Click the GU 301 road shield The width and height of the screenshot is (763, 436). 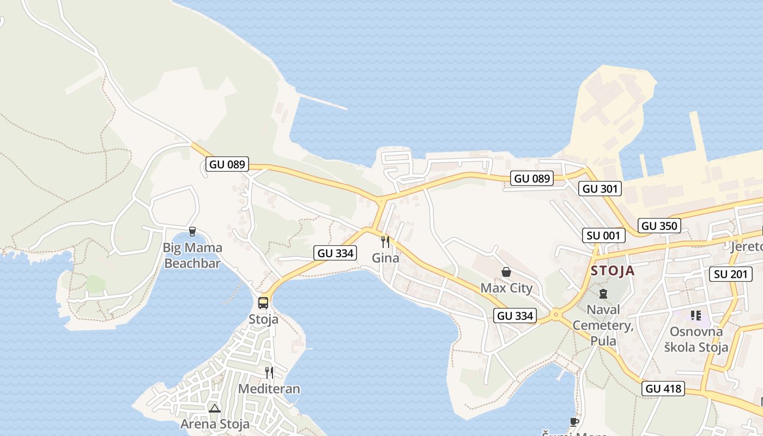599,189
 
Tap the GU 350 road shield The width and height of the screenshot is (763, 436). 659,226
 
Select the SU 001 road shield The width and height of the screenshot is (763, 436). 603,235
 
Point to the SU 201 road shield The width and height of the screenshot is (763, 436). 731,274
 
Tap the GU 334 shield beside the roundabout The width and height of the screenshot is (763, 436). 515,316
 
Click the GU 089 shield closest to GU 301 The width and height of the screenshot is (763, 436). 532,178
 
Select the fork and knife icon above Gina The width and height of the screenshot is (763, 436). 385,241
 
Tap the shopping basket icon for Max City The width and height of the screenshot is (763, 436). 506,271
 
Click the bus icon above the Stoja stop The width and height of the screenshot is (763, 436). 263,302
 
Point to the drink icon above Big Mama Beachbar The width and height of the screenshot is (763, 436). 192,232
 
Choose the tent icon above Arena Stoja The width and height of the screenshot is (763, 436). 215,408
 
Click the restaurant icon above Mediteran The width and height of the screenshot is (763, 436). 269,373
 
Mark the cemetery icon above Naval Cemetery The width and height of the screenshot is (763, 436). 603,294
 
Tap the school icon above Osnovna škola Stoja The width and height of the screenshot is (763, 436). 695,316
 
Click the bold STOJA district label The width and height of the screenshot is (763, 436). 613,271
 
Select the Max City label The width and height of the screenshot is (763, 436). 506,288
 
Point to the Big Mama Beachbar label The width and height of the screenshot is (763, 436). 192,256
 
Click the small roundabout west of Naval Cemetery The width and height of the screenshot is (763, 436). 556,314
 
